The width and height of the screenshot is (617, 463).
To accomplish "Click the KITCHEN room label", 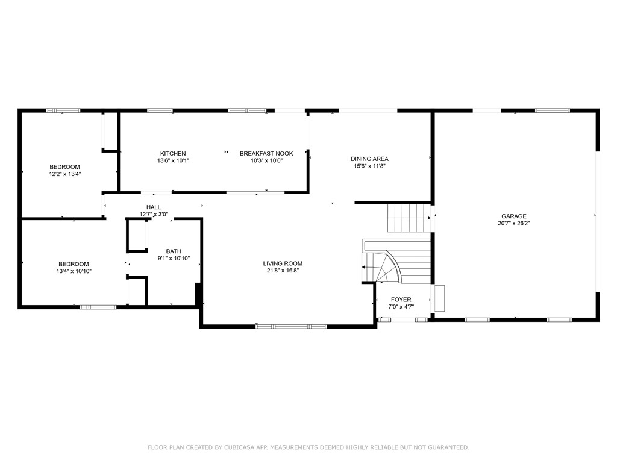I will (x=173, y=153).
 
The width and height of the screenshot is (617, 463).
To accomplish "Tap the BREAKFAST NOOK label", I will (x=266, y=153).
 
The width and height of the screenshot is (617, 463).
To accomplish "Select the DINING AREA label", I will (x=369, y=159).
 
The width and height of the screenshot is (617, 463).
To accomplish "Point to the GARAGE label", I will (x=514, y=216).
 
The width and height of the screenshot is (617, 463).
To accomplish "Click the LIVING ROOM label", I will (x=283, y=263).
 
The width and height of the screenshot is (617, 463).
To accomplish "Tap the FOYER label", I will (x=401, y=300).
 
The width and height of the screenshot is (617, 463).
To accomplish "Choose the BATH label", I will (x=174, y=251).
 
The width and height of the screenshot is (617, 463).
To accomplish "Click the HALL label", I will (x=153, y=207).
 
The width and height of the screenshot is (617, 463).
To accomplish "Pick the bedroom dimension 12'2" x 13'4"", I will (x=64, y=174).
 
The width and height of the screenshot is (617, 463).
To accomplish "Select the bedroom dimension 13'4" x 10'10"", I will (x=74, y=271).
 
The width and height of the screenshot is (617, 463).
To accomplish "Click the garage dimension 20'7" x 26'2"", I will (x=514, y=223).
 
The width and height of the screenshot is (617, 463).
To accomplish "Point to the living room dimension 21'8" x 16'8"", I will (x=283, y=271).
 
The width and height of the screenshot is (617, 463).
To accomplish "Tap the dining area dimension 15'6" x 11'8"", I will (x=369, y=166).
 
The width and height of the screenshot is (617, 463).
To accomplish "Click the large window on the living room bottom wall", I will (x=292, y=326).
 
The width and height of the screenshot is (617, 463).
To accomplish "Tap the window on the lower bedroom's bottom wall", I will (x=98, y=307).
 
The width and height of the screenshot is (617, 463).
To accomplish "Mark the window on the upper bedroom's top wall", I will (x=63, y=110).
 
